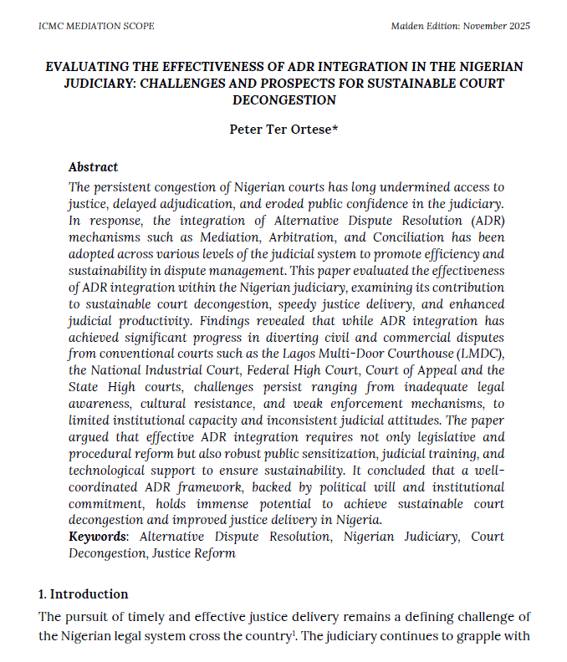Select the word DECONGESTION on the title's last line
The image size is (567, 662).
point(283,100)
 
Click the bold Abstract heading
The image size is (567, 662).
point(93,167)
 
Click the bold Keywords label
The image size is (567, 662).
point(99,536)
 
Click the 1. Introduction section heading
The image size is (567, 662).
point(84,594)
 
